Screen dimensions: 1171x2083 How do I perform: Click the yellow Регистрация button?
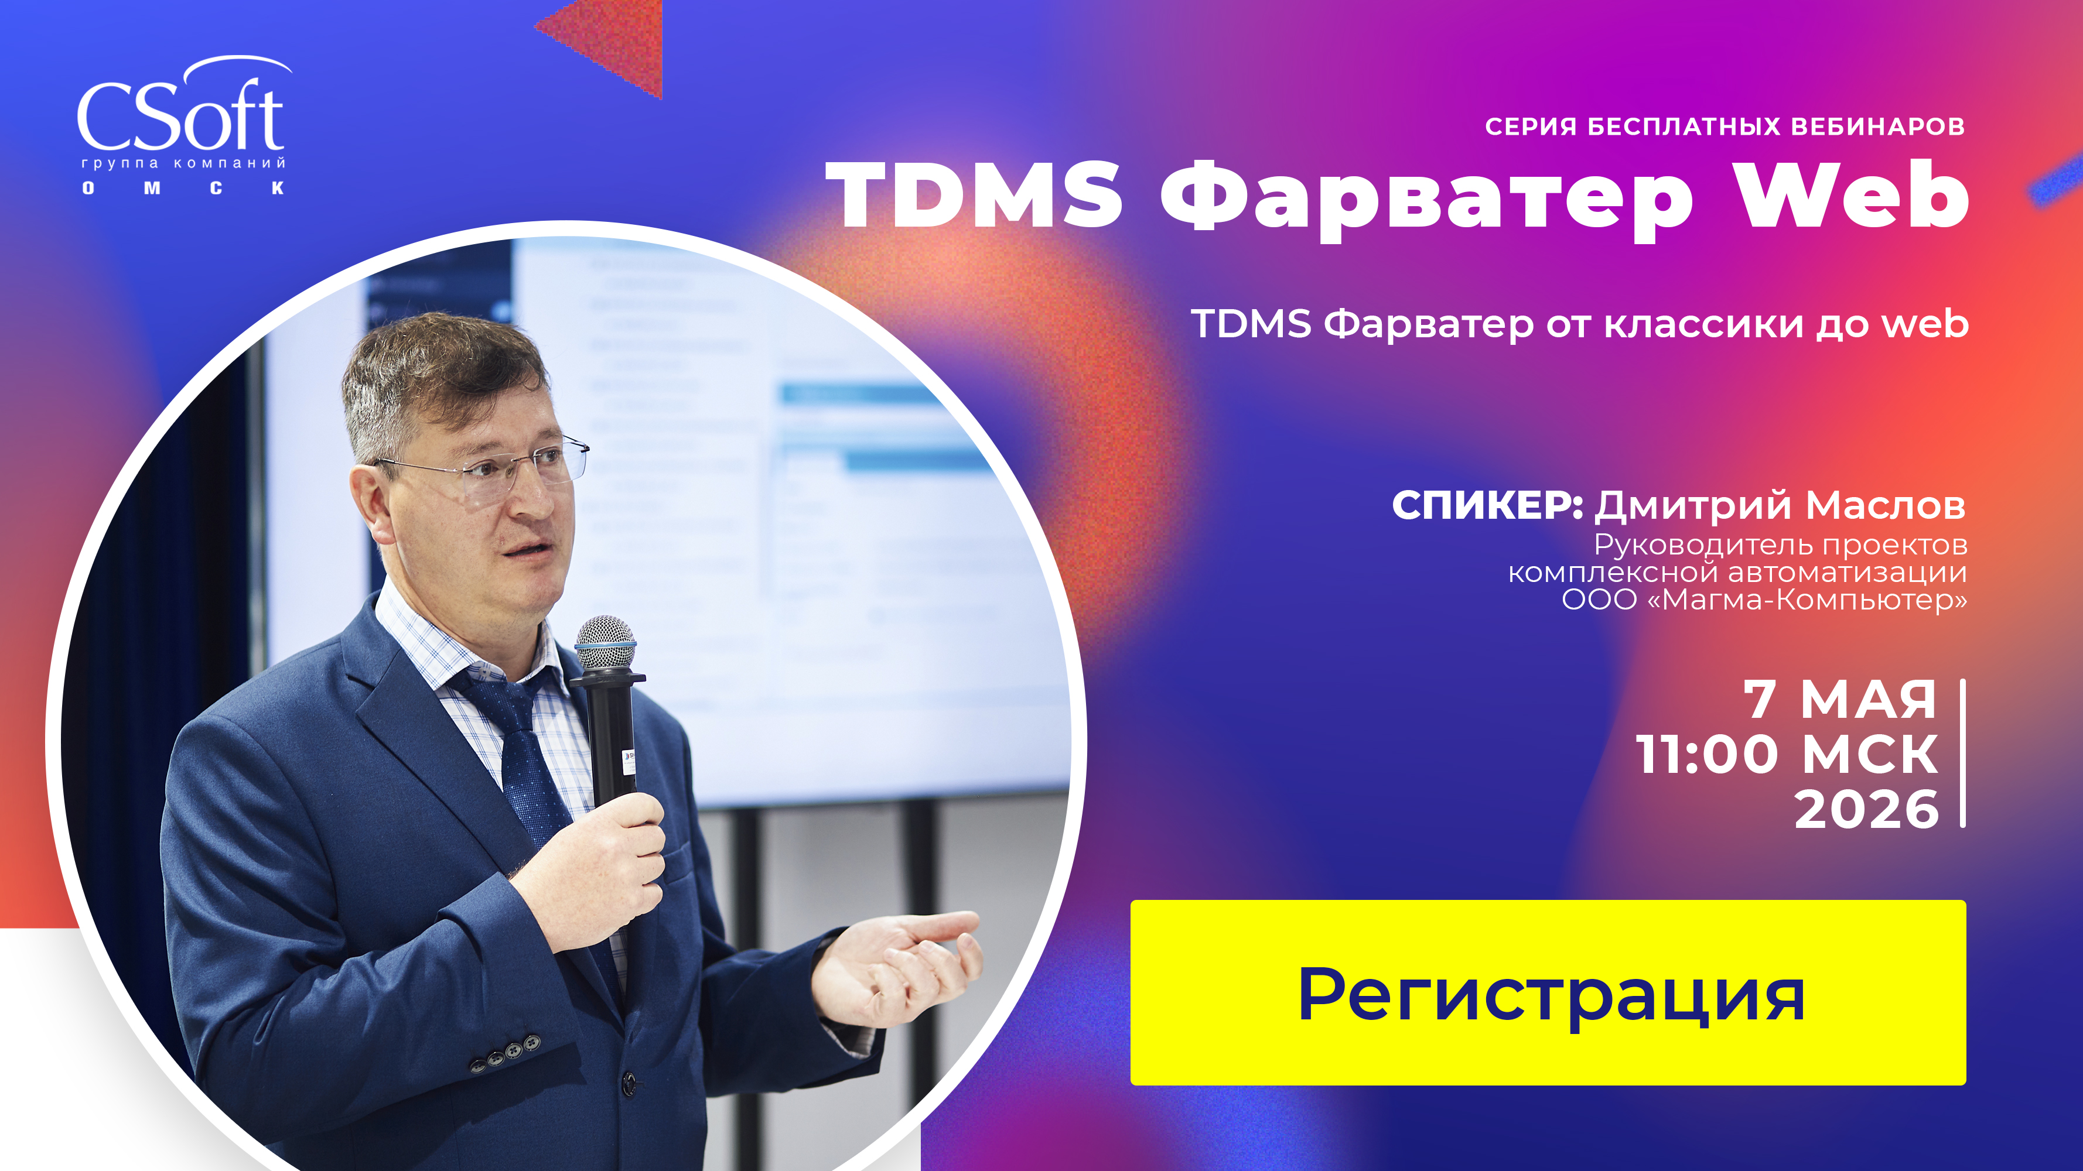point(1547,992)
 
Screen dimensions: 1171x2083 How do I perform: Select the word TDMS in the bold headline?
point(974,196)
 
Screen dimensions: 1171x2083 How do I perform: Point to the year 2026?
point(1866,809)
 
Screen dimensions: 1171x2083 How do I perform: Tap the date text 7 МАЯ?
point(1839,699)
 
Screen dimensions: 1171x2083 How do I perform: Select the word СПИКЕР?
point(1486,505)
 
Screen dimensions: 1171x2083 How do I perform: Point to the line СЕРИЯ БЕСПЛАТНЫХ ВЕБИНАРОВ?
point(1724,127)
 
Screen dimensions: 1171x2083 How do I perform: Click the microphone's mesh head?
point(605,642)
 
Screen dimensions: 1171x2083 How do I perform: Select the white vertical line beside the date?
point(1962,753)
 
